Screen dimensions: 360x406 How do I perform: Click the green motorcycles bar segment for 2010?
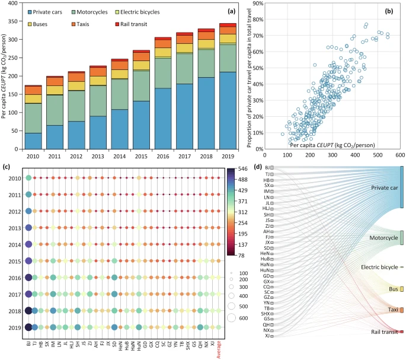(33, 118)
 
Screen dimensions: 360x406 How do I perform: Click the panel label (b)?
(393, 11)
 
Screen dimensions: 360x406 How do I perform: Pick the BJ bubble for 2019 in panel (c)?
(28, 327)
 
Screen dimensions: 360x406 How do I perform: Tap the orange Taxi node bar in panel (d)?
(402, 310)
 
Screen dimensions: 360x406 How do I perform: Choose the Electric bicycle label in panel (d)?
(378, 267)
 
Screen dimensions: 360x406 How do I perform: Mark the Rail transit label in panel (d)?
(379, 332)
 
